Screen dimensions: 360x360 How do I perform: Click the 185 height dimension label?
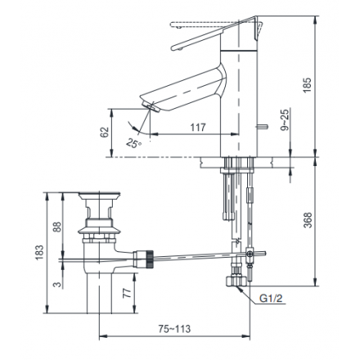point(307,85)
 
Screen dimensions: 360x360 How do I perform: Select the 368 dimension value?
point(308,220)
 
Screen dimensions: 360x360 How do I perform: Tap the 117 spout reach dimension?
point(198,128)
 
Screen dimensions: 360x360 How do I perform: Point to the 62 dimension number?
point(105,133)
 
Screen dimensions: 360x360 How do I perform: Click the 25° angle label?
point(134,143)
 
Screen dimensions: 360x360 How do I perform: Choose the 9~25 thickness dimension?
point(285,119)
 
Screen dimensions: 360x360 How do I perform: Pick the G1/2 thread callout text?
point(271,299)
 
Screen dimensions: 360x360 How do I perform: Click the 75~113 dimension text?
point(174,329)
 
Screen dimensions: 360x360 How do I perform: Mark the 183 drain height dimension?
point(39,253)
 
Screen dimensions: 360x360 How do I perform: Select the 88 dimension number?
point(57,227)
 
